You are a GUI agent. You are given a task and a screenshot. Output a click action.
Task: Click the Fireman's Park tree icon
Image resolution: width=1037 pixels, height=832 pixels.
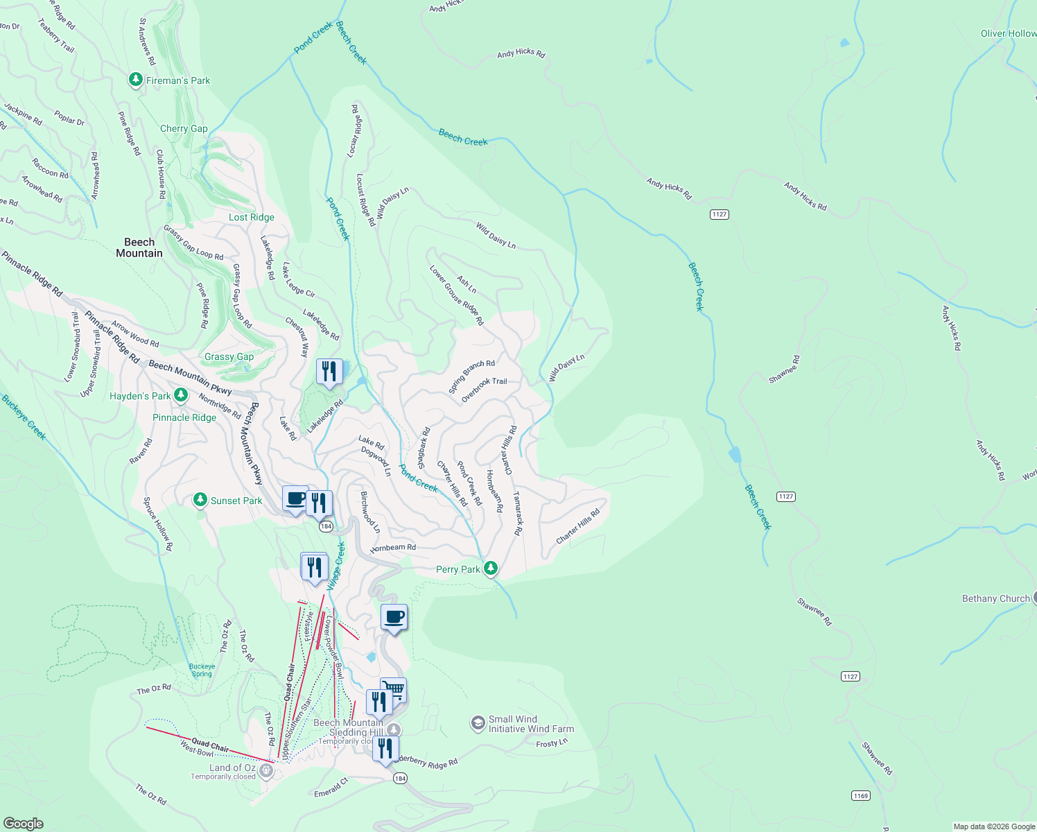(x=136, y=80)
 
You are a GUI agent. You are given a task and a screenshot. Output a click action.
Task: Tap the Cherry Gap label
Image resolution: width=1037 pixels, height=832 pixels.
(x=184, y=128)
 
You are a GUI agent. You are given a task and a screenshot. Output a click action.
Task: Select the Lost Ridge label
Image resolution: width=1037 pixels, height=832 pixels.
(x=252, y=217)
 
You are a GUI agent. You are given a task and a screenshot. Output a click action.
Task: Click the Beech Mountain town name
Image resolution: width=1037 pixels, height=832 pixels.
(x=139, y=248)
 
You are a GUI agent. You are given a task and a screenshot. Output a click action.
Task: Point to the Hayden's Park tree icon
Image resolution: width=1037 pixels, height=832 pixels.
(x=181, y=395)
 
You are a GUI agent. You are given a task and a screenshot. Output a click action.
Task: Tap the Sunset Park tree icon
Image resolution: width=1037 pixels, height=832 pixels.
(x=200, y=500)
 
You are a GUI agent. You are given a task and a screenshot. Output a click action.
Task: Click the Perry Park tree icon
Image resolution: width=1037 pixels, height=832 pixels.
(x=491, y=569)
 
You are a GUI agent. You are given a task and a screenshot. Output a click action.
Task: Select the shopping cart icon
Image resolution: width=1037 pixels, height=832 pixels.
(x=394, y=689)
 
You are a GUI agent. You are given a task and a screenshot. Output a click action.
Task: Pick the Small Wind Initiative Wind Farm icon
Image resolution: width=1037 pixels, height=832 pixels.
(x=478, y=724)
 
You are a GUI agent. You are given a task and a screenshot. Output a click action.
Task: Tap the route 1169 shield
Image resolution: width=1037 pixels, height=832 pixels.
(x=861, y=795)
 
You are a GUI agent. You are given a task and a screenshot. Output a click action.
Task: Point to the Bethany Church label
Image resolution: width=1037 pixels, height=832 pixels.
(x=995, y=598)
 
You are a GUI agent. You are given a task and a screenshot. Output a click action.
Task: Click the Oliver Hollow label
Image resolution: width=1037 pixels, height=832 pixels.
(x=1008, y=33)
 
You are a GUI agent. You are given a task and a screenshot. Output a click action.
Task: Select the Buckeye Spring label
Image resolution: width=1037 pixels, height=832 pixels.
(x=202, y=670)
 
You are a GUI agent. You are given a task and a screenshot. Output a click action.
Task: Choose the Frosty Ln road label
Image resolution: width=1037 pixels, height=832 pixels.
(x=552, y=743)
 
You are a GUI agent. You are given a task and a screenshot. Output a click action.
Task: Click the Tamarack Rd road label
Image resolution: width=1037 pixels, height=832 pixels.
(x=517, y=513)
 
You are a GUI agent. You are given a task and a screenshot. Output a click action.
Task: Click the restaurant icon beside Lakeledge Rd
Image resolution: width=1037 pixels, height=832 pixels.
(x=329, y=372)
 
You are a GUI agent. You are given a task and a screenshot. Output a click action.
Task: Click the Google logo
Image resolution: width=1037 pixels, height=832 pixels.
(x=24, y=823)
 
